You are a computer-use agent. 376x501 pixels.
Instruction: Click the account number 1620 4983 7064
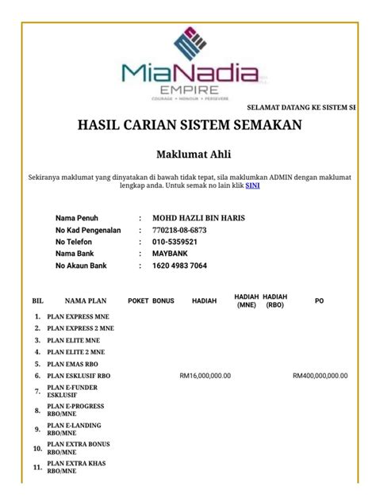point(179,266)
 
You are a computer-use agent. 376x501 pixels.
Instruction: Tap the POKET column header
point(138,302)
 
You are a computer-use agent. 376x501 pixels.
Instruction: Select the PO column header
point(319,302)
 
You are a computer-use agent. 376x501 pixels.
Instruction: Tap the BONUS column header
point(163,302)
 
